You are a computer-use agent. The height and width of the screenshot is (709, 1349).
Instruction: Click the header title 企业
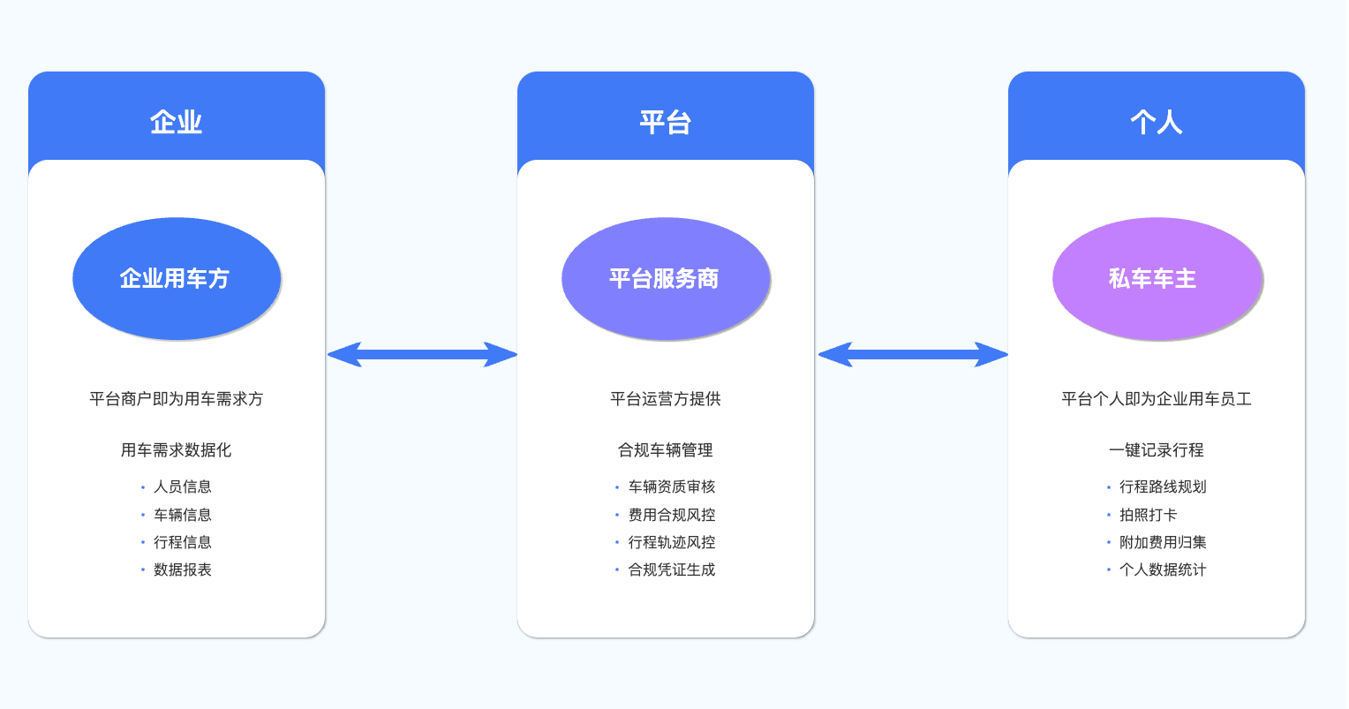click(177, 122)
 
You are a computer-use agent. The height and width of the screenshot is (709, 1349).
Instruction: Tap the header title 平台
click(666, 122)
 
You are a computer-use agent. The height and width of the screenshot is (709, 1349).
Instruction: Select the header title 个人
click(1156, 122)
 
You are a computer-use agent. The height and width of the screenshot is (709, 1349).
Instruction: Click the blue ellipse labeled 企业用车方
click(177, 279)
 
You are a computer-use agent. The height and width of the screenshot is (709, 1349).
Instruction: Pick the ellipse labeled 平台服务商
click(666, 279)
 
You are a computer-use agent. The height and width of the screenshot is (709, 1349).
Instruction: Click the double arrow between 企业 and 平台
click(422, 355)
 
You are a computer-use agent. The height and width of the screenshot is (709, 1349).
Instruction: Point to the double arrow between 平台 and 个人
click(912, 355)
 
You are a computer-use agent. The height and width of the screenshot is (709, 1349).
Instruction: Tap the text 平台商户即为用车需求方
click(177, 399)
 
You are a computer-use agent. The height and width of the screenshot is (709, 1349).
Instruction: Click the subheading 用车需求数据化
click(177, 450)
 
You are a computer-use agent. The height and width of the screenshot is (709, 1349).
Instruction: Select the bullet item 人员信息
click(183, 486)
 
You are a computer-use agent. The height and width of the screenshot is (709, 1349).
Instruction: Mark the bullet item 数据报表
click(183, 569)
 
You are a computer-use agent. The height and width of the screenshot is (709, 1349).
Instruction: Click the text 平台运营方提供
click(666, 399)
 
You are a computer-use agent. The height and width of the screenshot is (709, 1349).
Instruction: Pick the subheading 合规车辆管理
click(666, 450)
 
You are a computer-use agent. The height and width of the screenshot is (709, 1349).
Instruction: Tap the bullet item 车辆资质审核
click(672, 486)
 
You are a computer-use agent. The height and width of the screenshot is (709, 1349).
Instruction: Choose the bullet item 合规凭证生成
click(672, 569)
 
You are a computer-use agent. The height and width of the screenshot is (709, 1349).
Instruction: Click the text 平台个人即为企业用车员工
click(1156, 399)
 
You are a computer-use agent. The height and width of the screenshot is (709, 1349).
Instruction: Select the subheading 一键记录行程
click(1156, 450)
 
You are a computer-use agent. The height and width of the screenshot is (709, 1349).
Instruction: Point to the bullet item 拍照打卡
click(1148, 515)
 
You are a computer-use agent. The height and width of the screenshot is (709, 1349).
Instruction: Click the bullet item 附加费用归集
click(1163, 542)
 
